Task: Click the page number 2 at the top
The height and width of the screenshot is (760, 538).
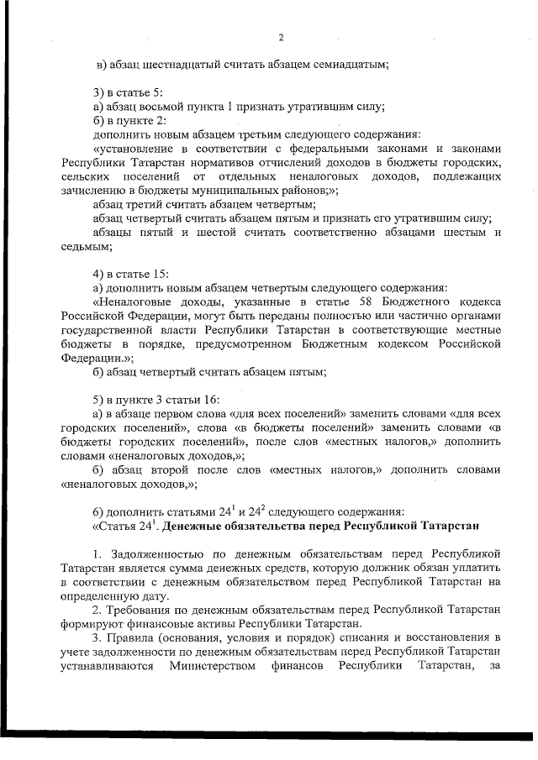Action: [281, 38]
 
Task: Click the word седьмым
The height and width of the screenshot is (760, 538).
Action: [86, 246]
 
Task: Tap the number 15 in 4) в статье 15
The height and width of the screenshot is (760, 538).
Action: [161, 275]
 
